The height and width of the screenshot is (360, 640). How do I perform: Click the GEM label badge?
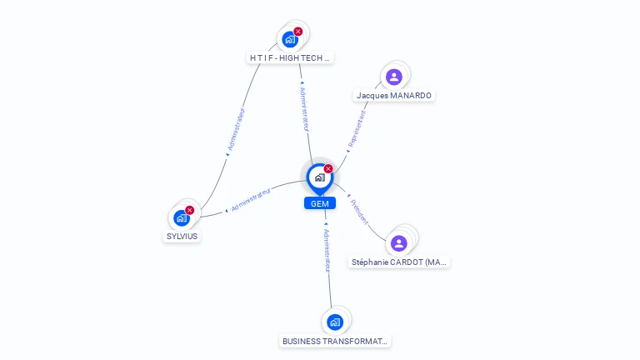point(320,203)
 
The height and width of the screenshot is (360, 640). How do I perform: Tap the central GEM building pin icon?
point(320,177)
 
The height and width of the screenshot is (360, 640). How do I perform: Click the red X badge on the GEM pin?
point(328,168)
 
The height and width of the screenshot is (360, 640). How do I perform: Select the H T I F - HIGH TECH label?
point(290,58)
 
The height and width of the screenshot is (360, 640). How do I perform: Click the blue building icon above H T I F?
point(290,40)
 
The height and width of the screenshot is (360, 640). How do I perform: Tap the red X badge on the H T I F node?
point(298,32)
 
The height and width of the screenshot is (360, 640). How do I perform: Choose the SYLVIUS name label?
point(182,237)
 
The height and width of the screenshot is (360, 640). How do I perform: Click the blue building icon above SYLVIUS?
point(181,218)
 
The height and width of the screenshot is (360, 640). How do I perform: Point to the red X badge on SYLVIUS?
point(189,210)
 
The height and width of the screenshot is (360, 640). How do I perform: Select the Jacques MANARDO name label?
point(394,96)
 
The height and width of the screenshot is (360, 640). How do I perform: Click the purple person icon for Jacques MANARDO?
point(394,77)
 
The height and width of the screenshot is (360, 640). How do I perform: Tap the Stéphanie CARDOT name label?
point(399,262)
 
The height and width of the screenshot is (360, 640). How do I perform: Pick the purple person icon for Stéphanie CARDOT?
point(399,243)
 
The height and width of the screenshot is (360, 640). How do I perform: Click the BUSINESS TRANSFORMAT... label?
point(335,341)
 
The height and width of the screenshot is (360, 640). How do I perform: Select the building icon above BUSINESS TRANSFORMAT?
point(335,322)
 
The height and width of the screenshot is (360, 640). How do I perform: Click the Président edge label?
point(359,212)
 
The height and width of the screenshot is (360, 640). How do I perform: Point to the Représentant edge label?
point(357,128)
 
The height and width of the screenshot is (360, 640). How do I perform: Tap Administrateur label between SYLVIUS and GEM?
point(251,200)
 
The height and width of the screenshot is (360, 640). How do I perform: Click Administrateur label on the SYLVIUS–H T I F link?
point(236,129)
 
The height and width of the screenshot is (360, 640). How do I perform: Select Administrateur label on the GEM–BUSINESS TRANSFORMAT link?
point(327,250)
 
